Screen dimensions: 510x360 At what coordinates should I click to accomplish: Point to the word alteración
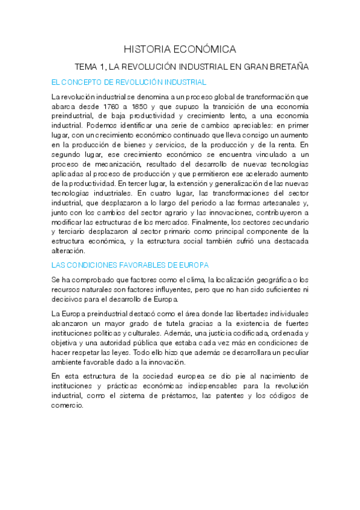pyautogui.click(x=69, y=251)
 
